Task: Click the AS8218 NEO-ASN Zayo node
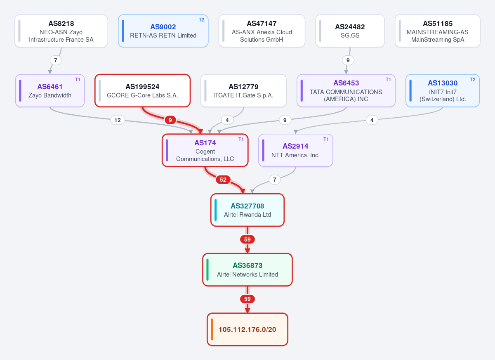click(x=61, y=31)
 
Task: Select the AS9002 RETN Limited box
click(x=163, y=31)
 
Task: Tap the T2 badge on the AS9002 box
click(x=202, y=20)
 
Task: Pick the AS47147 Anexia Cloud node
click(x=262, y=31)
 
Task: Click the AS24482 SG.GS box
click(x=350, y=31)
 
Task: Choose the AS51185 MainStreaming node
click(x=438, y=31)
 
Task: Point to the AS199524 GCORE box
click(x=143, y=91)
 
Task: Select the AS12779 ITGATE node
click(x=243, y=91)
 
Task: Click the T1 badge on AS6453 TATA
click(x=388, y=80)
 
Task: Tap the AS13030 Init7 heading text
click(x=443, y=83)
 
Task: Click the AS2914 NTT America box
click(x=295, y=150)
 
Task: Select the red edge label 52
click(x=223, y=180)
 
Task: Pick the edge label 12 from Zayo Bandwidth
click(x=118, y=120)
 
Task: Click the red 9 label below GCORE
click(x=170, y=120)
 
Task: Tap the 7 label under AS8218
click(x=55, y=60)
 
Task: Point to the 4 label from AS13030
click(x=372, y=120)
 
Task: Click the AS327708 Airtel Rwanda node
click(x=247, y=210)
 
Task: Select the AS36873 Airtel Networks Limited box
click(x=247, y=270)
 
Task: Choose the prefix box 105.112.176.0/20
click(x=247, y=329)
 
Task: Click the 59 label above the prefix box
click(x=247, y=299)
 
